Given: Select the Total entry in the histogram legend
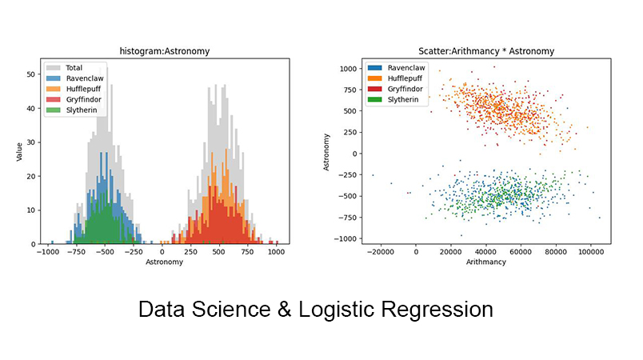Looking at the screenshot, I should tap(74, 68).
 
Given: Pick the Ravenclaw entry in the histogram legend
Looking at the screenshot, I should tap(82, 78).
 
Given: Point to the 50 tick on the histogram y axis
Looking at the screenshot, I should tap(32, 74).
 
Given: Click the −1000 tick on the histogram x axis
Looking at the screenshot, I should tap(47, 252).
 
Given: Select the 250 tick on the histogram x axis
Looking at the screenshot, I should tap(190, 252).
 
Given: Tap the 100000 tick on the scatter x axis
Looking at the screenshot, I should tap(590, 252).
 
